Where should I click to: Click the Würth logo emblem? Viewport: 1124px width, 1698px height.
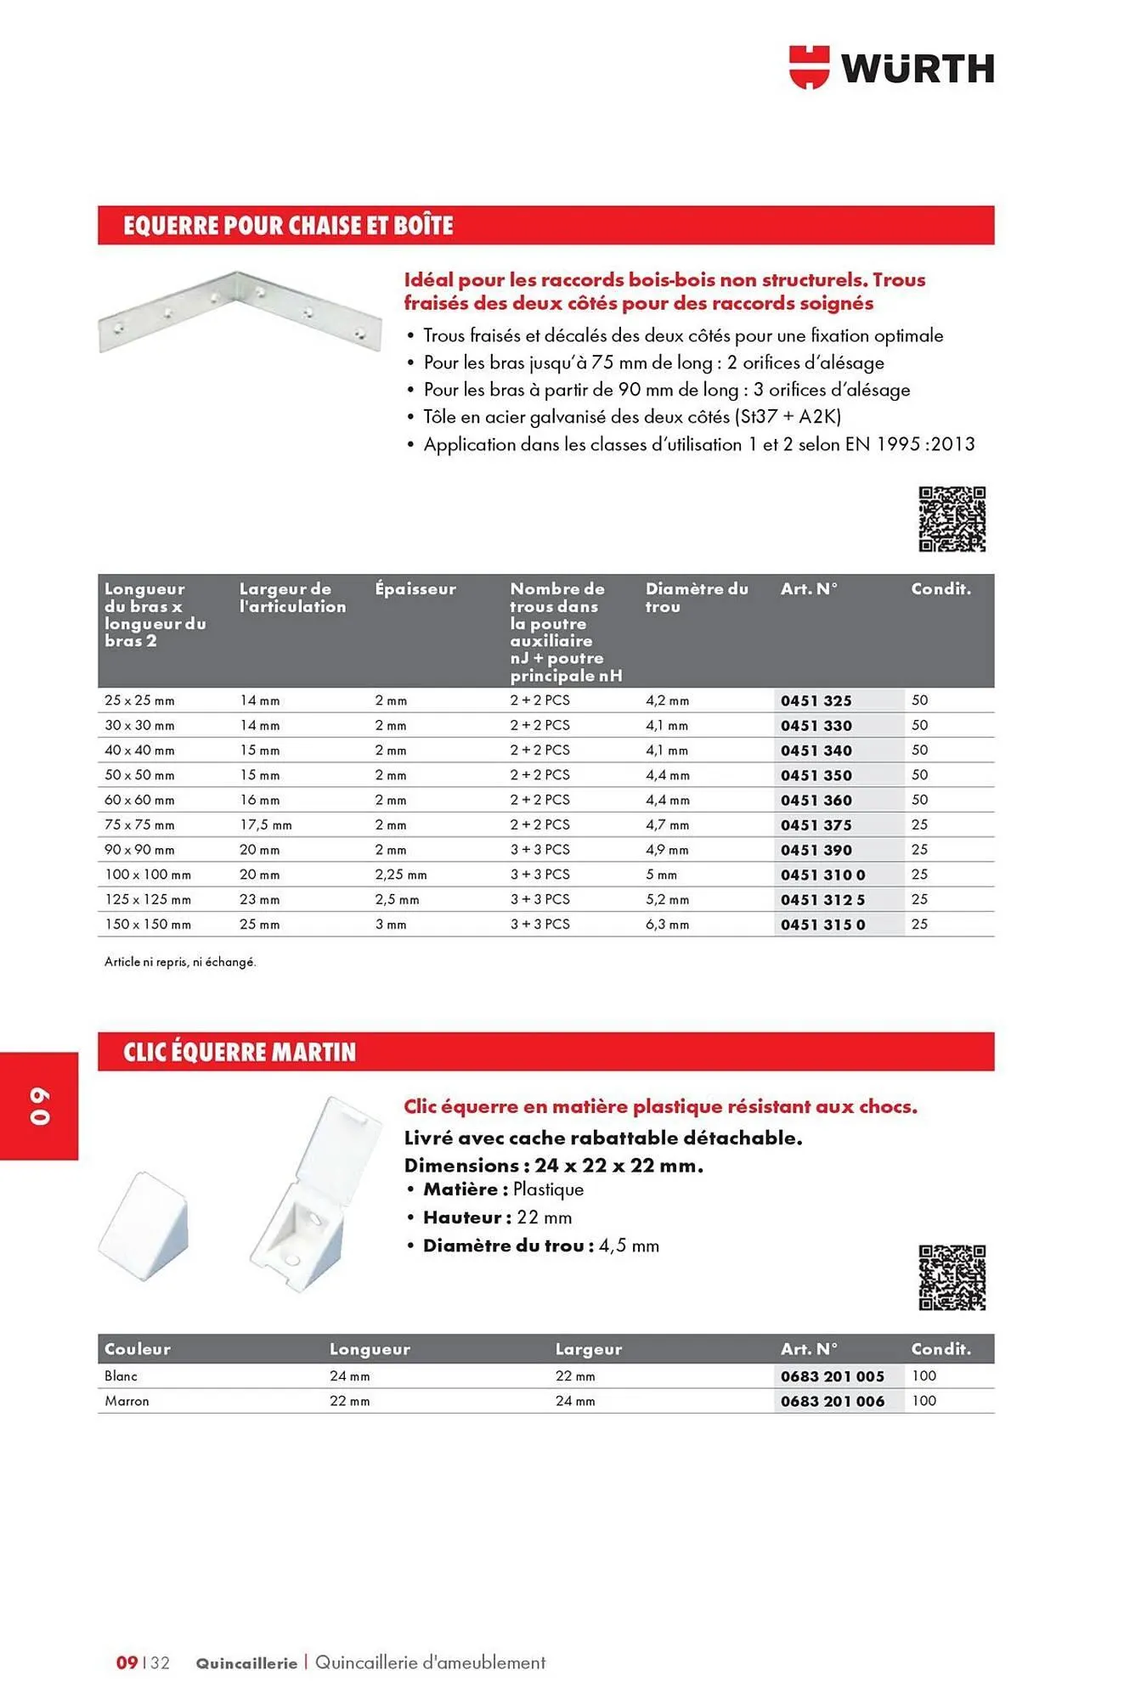click(808, 67)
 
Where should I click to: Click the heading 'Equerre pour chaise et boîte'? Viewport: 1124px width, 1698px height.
click(288, 226)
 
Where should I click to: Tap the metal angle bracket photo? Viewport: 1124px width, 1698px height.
click(240, 311)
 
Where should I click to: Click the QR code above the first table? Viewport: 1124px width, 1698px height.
click(952, 519)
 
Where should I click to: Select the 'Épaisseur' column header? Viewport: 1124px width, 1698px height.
click(415, 589)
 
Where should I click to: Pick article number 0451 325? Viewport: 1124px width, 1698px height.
click(816, 701)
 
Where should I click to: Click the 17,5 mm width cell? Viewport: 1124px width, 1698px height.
click(265, 825)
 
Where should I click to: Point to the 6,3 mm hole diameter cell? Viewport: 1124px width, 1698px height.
click(667, 925)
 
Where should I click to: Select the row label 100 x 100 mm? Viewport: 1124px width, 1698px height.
click(148, 874)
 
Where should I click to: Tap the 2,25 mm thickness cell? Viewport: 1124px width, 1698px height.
click(401, 874)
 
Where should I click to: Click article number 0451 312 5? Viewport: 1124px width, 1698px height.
click(822, 900)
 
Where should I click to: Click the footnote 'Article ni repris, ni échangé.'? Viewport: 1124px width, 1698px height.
click(180, 962)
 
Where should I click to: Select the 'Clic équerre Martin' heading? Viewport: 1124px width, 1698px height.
click(240, 1053)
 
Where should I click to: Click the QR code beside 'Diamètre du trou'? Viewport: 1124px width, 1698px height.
click(952, 1278)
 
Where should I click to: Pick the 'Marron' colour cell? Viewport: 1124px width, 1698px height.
click(127, 1402)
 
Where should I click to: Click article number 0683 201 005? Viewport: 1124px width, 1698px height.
click(833, 1377)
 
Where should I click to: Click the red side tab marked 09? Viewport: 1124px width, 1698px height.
click(39, 1105)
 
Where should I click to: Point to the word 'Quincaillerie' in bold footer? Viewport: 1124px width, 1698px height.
click(246, 1663)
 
